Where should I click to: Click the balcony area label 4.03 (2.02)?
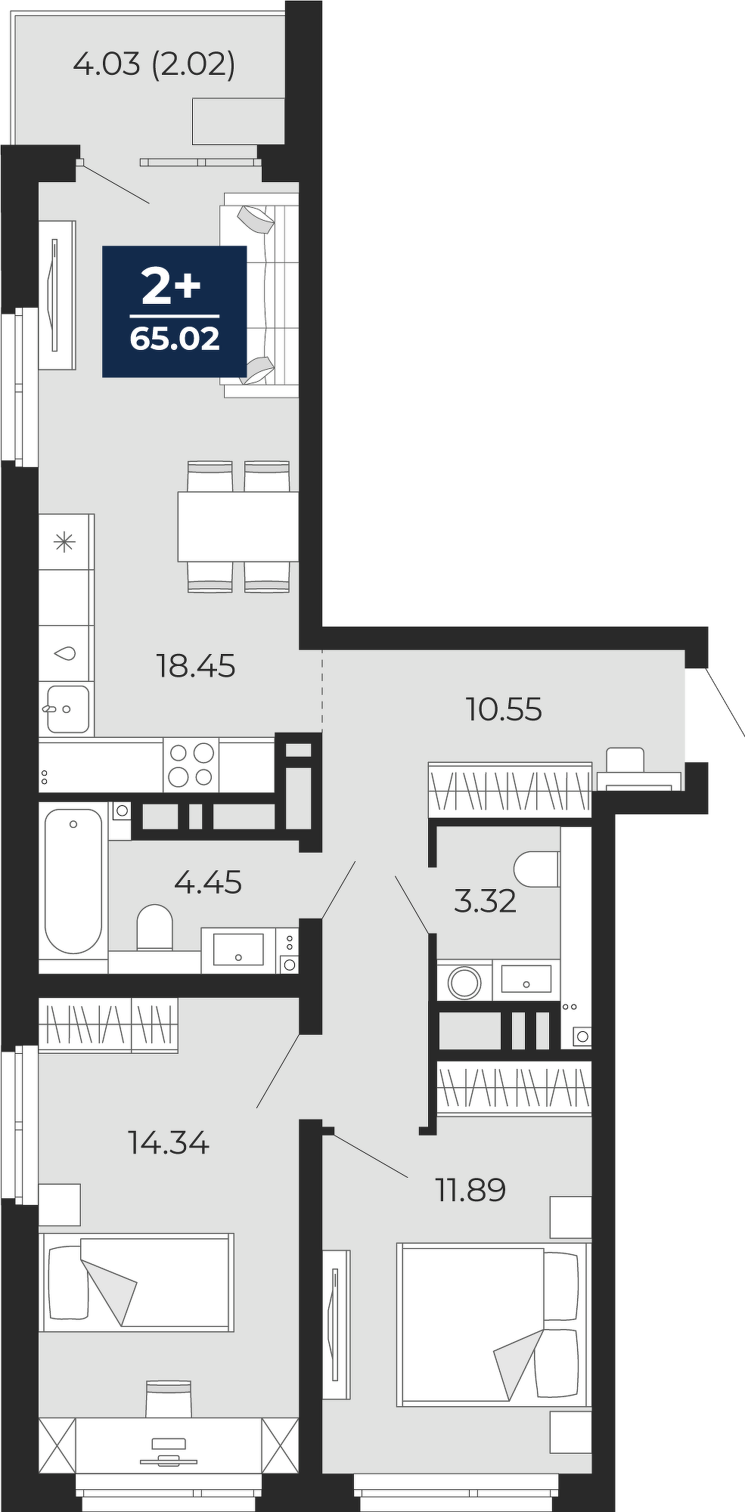154,64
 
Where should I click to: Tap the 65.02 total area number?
175,339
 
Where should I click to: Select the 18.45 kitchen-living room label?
195,666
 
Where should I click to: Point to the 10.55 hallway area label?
504,709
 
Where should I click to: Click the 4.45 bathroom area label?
208,881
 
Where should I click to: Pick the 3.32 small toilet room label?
485,900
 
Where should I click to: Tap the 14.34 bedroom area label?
168,1143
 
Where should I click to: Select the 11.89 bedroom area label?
470,1190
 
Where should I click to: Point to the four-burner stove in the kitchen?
191,765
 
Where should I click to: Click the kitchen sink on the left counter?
67,708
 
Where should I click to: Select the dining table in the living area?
238,526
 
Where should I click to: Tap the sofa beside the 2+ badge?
259,294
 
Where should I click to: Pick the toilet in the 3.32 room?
537,869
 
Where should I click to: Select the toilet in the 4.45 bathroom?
155,927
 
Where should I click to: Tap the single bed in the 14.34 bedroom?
138,1282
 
